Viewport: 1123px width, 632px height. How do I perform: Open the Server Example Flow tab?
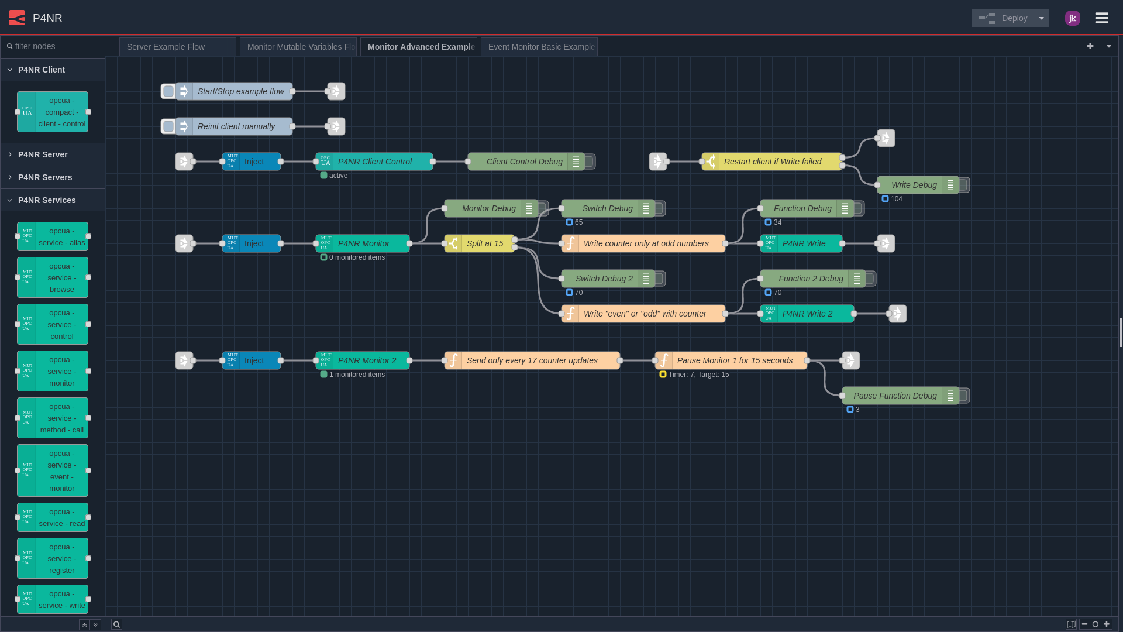[177, 47]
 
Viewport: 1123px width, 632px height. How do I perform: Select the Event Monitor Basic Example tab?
[539, 47]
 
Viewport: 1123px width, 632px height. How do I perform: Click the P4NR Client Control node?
[374, 162]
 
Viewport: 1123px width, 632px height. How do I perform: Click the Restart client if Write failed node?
[772, 162]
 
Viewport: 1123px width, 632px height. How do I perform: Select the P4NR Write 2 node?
[807, 314]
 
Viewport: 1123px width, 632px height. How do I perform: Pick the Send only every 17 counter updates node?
[532, 360]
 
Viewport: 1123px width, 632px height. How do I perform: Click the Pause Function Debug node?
[895, 396]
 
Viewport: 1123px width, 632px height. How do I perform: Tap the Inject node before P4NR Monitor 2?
[252, 360]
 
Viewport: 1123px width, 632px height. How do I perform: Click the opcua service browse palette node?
[53, 277]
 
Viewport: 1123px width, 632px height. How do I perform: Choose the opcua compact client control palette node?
[53, 112]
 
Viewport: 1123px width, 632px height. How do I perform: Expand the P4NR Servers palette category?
[44, 177]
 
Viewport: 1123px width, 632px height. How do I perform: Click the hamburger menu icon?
[1101, 18]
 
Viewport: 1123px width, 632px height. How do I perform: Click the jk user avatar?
[1072, 18]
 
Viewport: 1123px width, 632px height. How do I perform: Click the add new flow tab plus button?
[1090, 46]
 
